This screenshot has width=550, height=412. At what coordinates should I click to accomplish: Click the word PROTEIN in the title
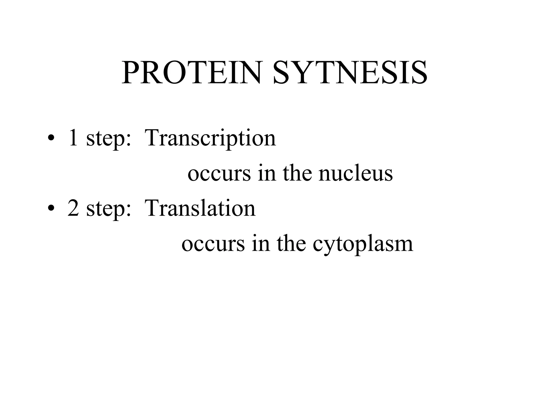tap(191, 73)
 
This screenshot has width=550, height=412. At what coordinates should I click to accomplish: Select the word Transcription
tap(210, 138)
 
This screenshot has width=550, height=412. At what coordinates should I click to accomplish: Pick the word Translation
tap(200, 208)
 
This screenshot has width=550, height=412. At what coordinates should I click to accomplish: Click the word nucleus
tap(356, 173)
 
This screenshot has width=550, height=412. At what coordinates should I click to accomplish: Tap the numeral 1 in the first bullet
tap(73, 138)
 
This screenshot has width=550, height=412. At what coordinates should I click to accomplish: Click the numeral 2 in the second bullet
tap(73, 208)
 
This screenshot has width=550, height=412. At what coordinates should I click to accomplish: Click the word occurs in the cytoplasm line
tap(213, 244)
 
